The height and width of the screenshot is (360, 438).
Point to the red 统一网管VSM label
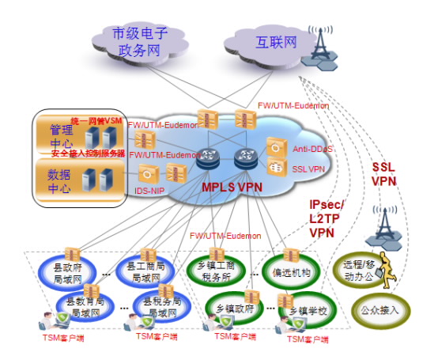click(x=96, y=120)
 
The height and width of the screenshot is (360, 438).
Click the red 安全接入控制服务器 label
click(x=88, y=153)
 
